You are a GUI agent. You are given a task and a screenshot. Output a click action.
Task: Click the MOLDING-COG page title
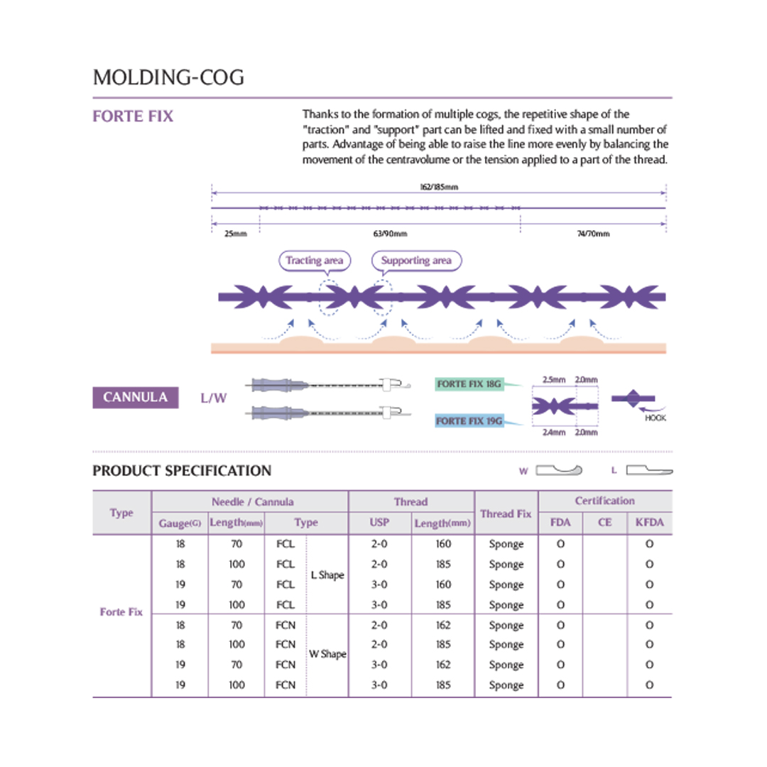pos(168,77)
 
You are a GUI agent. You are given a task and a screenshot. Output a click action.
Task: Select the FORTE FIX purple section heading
pos(133,116)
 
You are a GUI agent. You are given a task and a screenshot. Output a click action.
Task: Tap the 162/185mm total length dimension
pos(438,187)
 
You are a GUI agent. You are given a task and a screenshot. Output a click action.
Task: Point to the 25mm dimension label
pos(235,234)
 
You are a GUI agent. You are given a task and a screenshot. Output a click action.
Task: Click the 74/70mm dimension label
pos(594,234)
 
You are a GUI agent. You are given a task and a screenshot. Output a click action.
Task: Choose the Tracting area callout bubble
pos(314,261)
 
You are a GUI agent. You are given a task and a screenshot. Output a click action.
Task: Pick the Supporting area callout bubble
pos(416,261)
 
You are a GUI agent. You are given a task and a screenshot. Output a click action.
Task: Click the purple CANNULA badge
pos(135,397)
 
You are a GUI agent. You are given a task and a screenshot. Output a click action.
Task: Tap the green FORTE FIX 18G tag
pos(469,384)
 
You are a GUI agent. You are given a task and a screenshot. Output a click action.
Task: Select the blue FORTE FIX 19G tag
pos(469,421)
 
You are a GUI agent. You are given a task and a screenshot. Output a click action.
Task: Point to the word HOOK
pos(656,418)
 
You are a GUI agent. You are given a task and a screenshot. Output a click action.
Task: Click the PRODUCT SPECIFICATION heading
pos(182,471)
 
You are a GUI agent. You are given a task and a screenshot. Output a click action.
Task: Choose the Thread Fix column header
pos(506,513)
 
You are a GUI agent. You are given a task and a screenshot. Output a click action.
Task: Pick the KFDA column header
pos(649,523)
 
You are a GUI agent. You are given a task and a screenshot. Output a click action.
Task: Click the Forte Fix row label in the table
pos(121,611)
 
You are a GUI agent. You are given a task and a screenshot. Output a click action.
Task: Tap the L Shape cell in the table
pos(327,575)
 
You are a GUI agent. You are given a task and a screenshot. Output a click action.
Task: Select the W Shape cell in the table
pos(327,654)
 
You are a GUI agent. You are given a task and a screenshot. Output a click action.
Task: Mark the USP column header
pos(380,523)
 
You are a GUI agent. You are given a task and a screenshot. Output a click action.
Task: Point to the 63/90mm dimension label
pos(390,234)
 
